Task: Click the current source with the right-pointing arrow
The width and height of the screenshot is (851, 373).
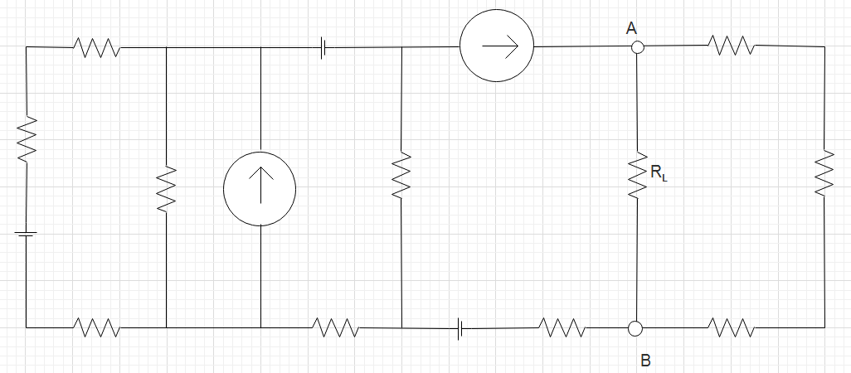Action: coord(496,46)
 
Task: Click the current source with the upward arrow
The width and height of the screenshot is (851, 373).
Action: coord(260,188)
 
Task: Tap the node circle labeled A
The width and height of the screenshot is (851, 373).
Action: coord(636,47)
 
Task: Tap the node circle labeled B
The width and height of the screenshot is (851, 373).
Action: coord(635,328)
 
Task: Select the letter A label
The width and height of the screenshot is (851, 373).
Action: coord(631,28)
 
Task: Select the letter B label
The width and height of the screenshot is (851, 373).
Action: coord(645,360)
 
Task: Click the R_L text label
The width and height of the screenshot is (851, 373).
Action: coord(658,174)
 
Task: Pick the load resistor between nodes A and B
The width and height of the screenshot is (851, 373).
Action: coord(636,174)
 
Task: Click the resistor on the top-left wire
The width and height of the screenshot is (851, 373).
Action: coord(96,47)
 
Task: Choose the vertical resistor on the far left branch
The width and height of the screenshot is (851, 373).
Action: coord(27,138)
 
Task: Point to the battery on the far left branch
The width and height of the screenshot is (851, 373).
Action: coord(27,234)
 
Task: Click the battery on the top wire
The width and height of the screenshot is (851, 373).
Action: coord(323,48)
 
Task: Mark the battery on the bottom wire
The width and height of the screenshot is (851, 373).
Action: coord(460,329)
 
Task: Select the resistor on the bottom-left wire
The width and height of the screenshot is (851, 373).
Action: coord(96,328)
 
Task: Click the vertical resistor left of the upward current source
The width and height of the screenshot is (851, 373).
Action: coord(166,187)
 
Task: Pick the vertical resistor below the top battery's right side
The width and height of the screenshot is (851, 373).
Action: coord(401,174)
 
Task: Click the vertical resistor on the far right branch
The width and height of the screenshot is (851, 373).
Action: coord(824,172)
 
